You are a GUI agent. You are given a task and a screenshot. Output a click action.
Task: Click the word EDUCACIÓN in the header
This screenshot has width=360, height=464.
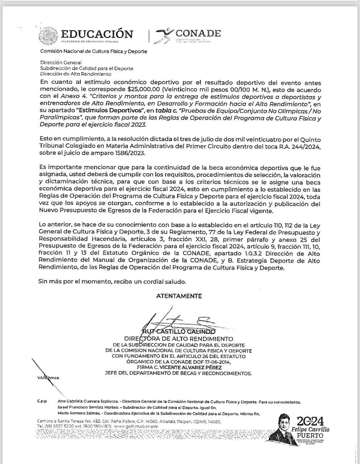point(97,34)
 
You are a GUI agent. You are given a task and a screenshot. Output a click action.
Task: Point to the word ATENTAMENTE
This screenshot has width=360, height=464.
point(179,296)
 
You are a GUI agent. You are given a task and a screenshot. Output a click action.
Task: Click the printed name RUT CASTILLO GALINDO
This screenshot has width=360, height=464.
point(179,331)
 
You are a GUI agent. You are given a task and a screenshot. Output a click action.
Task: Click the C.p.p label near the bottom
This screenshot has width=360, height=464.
point(42,402)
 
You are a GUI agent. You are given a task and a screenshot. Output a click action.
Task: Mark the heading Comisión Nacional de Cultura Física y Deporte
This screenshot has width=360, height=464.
point(93,51)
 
